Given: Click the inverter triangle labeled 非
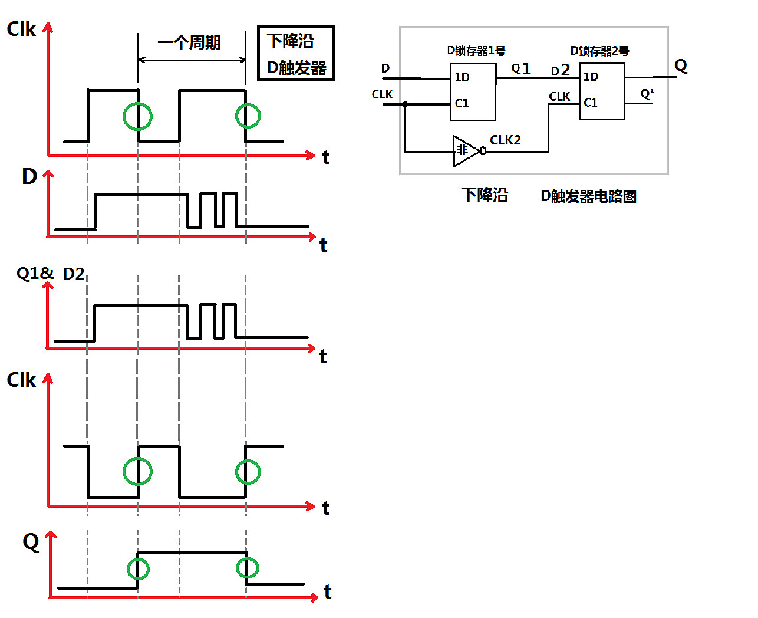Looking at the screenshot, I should click(464, 151).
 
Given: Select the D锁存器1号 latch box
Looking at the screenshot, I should click(473, 91).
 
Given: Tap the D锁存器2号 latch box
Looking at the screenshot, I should click(602, 91).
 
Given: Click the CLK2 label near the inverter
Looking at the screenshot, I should click(505, 140).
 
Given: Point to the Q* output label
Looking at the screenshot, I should click(647, 94).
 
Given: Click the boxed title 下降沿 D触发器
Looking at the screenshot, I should click(296, 54).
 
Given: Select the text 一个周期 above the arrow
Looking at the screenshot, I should click(189, 42).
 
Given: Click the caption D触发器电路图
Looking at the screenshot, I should click(588, 196).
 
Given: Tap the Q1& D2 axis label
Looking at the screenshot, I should click(50, 274).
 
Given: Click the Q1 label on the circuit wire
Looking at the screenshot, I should click(521, 69).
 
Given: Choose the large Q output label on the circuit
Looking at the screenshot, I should click(681, 65).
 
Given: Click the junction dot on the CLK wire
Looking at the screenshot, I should click(406, 104).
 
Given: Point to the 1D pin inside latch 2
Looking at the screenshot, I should click(591, 77).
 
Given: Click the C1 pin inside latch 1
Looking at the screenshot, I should click(462, 103).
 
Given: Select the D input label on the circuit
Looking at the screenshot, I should click(385, 68).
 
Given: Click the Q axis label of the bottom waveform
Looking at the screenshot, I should click(31, 541).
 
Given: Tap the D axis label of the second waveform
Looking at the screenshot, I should click(29, 176).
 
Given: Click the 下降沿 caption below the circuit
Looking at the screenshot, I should click(485, 195).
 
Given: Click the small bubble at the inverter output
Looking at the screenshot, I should click(483, 152).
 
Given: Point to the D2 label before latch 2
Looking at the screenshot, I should click(560, 71).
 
